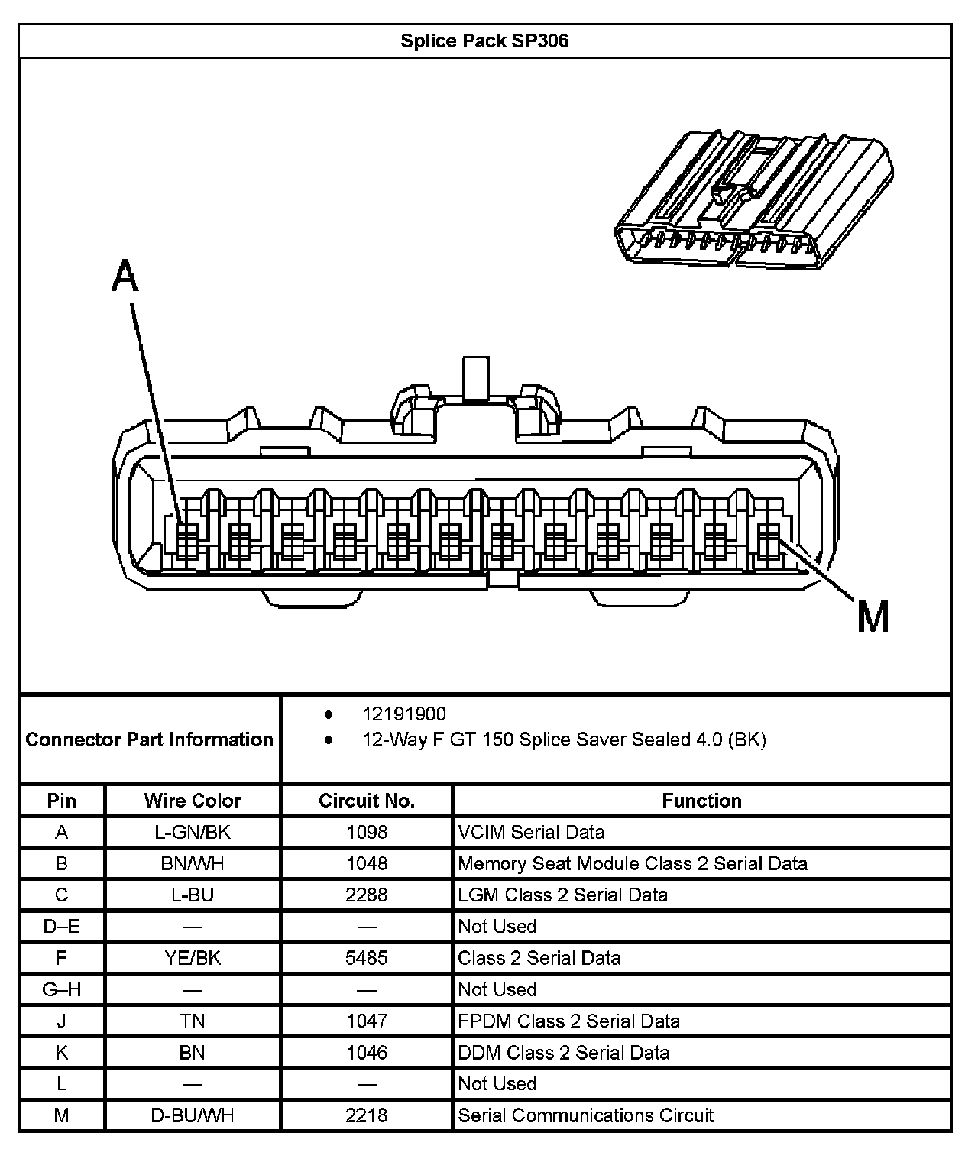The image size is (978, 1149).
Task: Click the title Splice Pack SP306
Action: (x=484, y=40)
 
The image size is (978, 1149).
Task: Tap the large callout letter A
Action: (x=126, y=277)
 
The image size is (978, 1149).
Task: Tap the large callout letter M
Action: (x=873, y=617)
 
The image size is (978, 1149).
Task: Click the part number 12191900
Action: (x=404, y=714)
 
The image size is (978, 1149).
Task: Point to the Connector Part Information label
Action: (x=150, y=740)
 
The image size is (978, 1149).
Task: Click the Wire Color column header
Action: (x=193, y=801)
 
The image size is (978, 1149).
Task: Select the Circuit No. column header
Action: (x=367, y=801)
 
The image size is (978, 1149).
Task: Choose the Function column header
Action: (x=701, y=801)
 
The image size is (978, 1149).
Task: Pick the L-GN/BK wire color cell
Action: (x=193, y=832)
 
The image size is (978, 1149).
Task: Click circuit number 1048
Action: (x=367, y=863)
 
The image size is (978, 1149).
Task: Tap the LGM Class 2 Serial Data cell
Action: (x=562, y=895)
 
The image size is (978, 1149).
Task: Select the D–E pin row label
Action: (x=62, y=926)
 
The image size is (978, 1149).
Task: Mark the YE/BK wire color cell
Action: (x=193, y=958)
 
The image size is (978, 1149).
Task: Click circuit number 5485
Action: (x=367, y=958)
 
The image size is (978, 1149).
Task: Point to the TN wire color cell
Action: (x=193, y=1021)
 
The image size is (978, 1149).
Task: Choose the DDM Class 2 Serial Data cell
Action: (x=563, y=1052)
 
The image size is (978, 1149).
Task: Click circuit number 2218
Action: (x=367, y=1115)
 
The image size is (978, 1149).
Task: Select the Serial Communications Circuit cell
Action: (x=585, y=1115)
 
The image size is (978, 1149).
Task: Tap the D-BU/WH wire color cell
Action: (x=193, y=1115)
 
